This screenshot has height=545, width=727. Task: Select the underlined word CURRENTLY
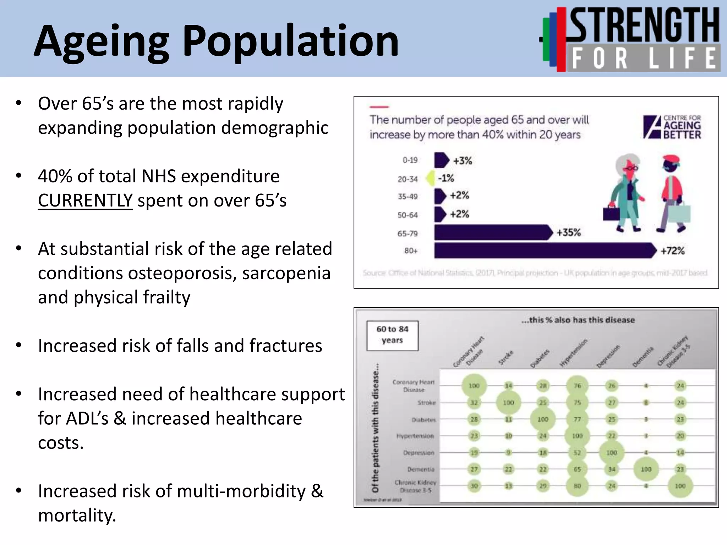[x=85, y=200]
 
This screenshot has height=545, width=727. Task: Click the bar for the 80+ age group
[x=543, y=251]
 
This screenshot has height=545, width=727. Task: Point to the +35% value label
[x=568, y=233]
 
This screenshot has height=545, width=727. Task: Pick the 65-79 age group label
[x=407, y=233]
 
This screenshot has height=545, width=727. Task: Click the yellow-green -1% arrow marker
[x=430, y=178]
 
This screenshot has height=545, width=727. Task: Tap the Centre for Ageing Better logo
[x=672, y=127]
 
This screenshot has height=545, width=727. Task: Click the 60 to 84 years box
[x=392, y=335]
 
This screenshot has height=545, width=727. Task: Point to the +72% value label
[x=672, y=251]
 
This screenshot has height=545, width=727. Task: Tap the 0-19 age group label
[x=410, y=160]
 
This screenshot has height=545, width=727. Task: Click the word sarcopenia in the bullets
[x=286, y=274]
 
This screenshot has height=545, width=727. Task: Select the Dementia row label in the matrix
[x=421, y=469]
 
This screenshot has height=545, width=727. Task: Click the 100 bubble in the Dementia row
[x=646, y=469]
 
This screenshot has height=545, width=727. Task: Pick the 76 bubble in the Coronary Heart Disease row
[x=577, y=386]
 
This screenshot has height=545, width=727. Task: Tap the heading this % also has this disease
[x=578, y=320]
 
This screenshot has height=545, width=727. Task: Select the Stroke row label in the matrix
[x=426, y=403]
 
